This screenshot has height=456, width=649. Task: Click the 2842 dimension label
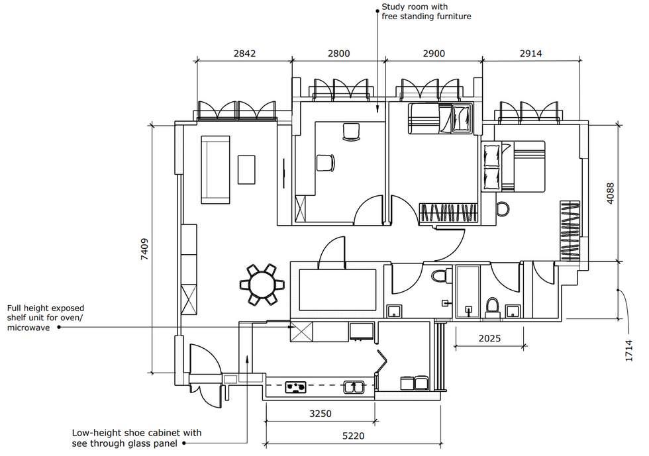(x=244, y=54)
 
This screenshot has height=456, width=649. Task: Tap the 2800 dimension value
(x=338, y=54)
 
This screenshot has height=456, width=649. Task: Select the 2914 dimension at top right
(x=530, y=54)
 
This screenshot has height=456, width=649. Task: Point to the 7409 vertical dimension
(x=144, y=249)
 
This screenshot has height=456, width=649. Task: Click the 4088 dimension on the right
(x=610, y=193)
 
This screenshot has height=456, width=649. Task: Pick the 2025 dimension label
(x=489, y=338)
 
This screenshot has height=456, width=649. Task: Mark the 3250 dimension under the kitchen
(x=321, y=414)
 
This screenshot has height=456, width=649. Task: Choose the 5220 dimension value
(x=353, y=435)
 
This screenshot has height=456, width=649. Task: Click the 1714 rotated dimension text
(x=629, y=351)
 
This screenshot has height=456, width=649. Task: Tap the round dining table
(x=262, y=285)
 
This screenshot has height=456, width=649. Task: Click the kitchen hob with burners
(x=296, y=387)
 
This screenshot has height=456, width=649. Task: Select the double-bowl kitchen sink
(x=354, y=387)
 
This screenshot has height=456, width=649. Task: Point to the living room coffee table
(x=246, y=169)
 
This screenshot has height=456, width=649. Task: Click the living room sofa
(x=215, y=169)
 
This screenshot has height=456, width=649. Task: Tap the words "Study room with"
(x=415, y=7)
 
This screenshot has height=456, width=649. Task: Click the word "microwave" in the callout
(x=28, y=328)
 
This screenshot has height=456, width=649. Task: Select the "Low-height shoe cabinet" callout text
(x=136, y=433)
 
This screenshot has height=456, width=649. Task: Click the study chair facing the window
(x=352, y=132)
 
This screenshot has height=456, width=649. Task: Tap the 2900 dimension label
(x=434, y=54)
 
